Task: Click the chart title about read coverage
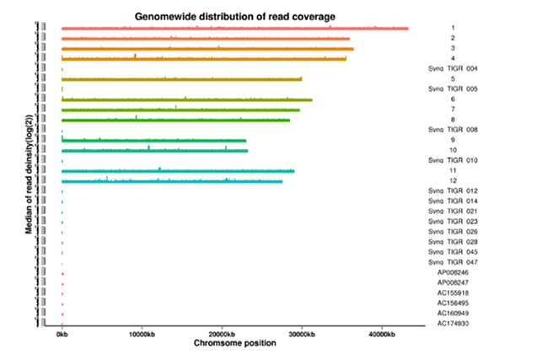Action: tap(235, 16)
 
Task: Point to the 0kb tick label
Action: tap(62, 335)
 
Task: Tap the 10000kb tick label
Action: tap(142, 335)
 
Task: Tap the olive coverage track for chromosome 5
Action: tap(181, 79)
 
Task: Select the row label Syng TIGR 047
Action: tap(454, 262)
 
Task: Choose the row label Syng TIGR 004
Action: tap(454, 68)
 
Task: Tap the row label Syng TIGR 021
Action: tap(454, 211)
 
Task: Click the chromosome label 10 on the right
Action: tap(453, 150)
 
